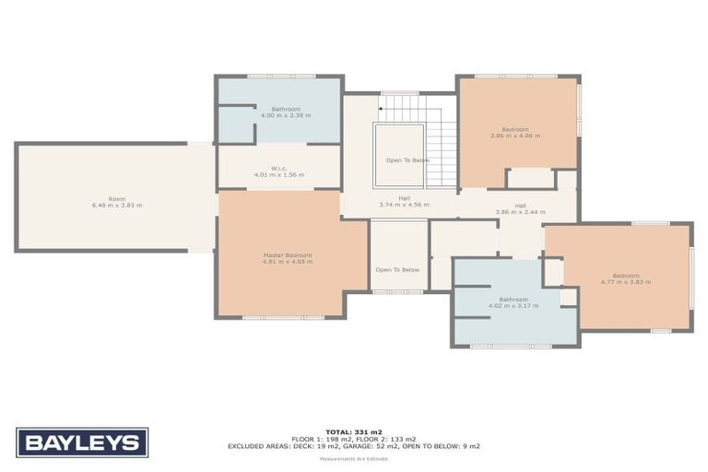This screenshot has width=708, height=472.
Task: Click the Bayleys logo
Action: [81, 442]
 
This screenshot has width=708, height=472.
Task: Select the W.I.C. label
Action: [279, 169]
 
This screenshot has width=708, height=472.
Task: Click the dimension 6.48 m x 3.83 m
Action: [117, 205]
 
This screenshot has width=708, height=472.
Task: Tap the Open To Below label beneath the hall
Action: [397, 269]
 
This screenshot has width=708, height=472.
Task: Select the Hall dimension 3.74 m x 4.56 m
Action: [404, 205]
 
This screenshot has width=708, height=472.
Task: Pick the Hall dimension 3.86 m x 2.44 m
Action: [520, 212]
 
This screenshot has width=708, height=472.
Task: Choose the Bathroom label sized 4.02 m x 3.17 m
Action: [513, 299]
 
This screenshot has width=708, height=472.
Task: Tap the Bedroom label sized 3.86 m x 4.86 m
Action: [515, 129]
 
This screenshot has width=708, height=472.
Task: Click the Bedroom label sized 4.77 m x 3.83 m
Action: [626, 276]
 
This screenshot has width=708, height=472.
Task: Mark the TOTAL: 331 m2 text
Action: [354, 432]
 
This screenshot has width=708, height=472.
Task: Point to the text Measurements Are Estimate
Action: [354, 459]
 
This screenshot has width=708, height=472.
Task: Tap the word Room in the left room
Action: [116, 198]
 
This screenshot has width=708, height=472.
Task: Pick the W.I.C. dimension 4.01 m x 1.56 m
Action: [279, 175]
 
